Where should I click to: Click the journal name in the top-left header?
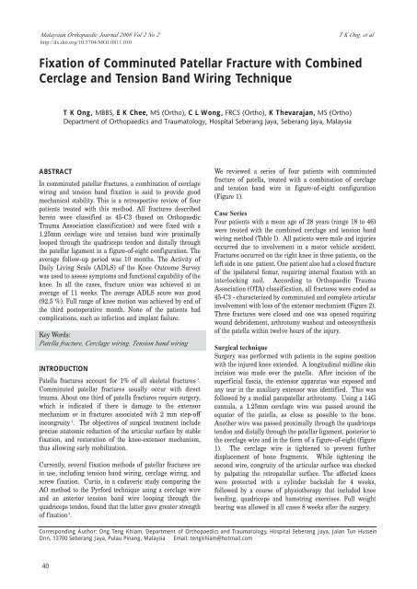pyautogui.click(x=110, y=6)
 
